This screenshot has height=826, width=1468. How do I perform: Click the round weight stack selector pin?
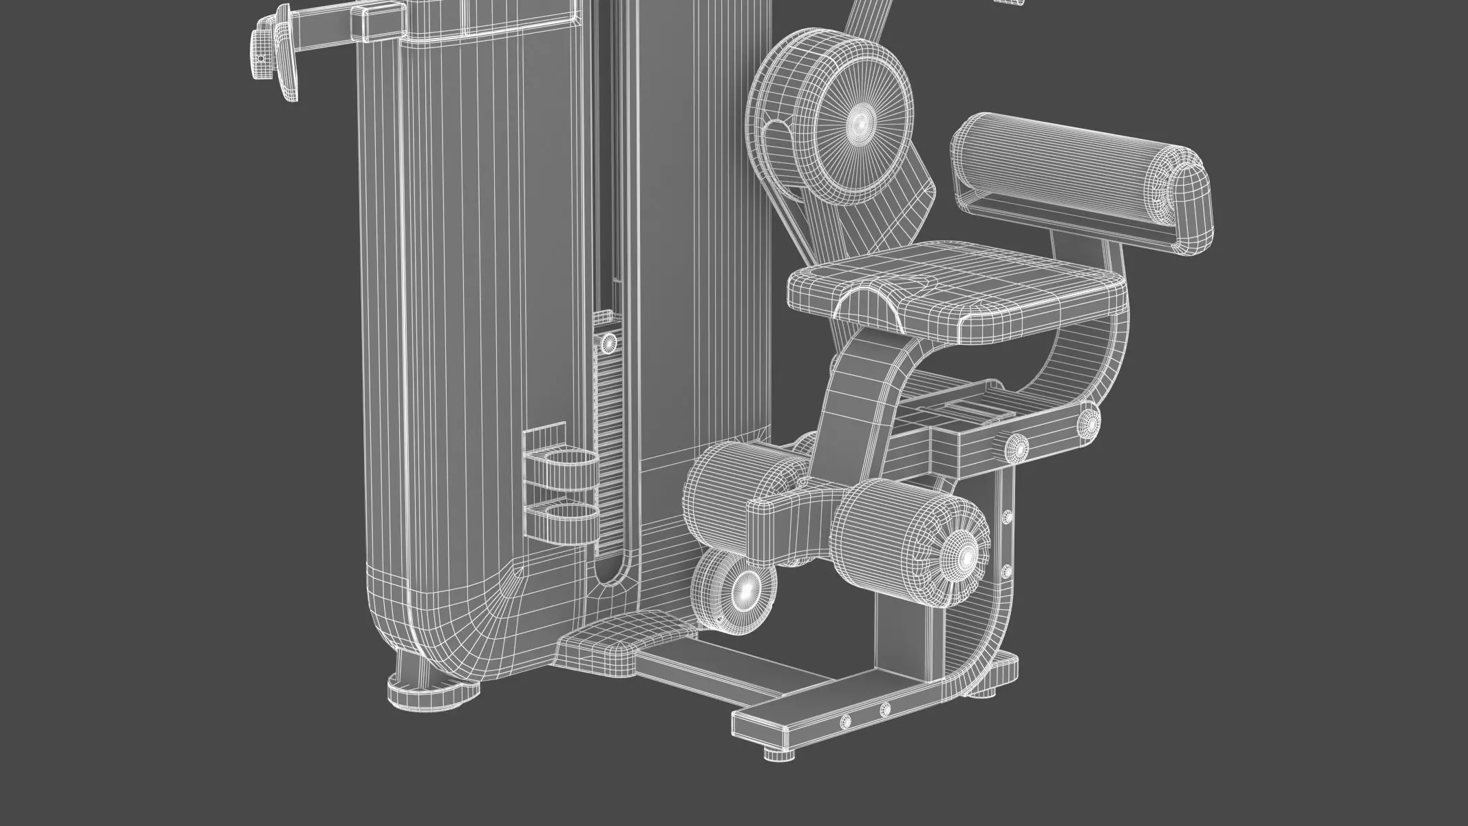(608, 342)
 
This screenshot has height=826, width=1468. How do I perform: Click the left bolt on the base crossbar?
(847, 721)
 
